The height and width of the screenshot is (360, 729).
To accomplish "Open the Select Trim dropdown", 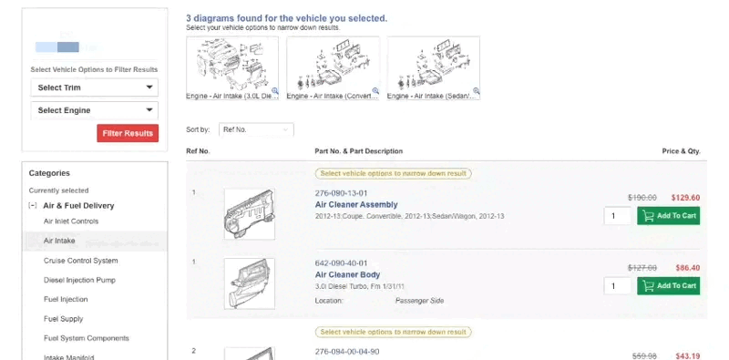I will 94,87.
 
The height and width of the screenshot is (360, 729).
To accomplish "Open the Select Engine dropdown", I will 94,110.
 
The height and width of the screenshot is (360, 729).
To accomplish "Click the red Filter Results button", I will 128,133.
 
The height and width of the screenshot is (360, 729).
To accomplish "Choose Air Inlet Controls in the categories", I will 71,221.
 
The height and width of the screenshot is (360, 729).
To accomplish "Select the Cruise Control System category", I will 80,261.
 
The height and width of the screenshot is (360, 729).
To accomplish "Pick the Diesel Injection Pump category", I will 79,280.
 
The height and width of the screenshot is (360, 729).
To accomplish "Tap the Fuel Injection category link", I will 66,299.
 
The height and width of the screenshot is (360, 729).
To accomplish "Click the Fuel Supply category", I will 63,319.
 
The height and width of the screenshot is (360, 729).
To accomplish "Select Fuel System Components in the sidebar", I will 87,338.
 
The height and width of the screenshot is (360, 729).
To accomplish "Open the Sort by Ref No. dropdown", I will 256,130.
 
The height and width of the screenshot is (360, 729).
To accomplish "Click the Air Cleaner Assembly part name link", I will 356,205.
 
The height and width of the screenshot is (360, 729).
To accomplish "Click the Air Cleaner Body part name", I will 347,274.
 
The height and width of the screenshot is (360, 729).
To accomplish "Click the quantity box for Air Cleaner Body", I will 617,286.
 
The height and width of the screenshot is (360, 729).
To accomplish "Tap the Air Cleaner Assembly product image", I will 249,213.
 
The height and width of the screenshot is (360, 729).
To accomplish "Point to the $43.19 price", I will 685,355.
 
